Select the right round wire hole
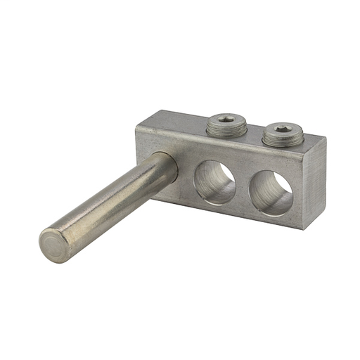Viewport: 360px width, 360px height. [271, 193]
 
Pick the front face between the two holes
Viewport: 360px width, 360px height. [243, 185]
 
